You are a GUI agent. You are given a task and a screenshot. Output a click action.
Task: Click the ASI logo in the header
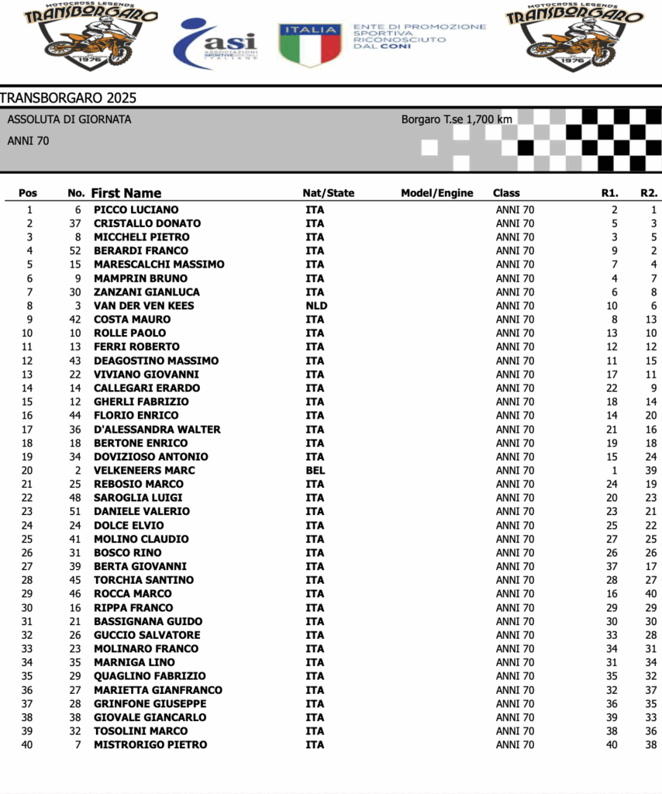point(214,43)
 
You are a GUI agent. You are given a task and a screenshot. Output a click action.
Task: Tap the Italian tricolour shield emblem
point(310,44)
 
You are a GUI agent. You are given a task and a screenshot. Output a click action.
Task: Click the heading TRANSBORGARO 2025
point(68,98)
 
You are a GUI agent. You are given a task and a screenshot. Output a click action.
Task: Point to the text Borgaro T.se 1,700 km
point(457,119)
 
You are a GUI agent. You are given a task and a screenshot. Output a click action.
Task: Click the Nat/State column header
point(328,193)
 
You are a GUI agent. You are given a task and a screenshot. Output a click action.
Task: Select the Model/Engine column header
point(436,193)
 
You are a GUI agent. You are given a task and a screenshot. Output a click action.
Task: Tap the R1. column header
point(609,193)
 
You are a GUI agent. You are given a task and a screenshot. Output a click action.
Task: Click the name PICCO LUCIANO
point(136,209)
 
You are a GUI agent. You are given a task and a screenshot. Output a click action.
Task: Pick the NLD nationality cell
point(316,306)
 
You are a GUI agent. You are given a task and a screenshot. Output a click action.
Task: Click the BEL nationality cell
point(315,470)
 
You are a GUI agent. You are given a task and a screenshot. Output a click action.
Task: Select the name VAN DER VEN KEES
point(143,306)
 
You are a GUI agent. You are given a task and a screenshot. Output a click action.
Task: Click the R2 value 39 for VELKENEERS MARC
point(650,470)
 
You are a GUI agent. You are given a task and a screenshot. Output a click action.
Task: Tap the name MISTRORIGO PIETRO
point(150,744)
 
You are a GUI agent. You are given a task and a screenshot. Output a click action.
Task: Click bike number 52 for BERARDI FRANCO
point(75,250)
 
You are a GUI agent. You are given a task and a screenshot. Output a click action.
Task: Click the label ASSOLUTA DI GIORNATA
point(69,119)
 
